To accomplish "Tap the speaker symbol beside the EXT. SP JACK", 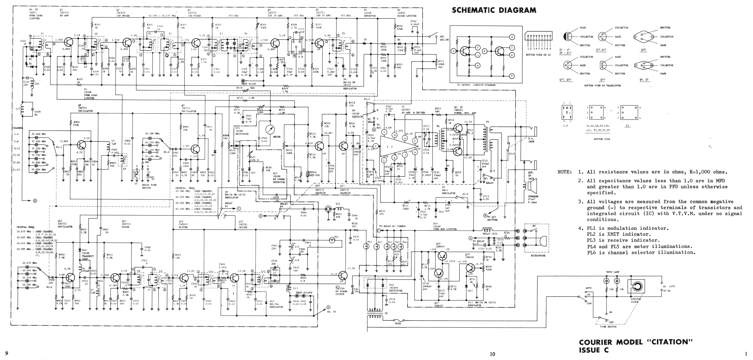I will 531,186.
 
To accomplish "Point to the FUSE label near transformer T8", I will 398,323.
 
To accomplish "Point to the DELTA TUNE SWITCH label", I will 149,186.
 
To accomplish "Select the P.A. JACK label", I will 531,140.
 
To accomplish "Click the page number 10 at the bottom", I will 493,354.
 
